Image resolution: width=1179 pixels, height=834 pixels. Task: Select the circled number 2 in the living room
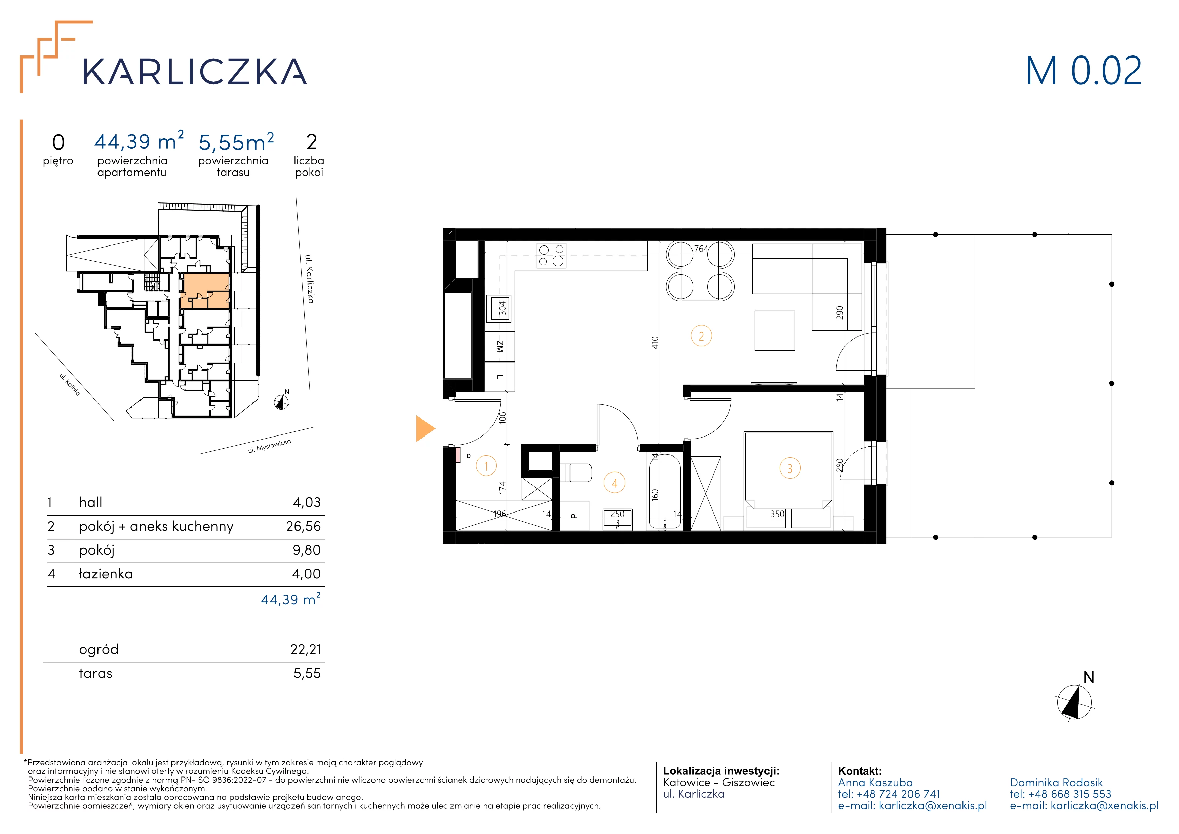(701, 336)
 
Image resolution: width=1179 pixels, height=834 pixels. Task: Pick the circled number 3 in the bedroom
(790, 468)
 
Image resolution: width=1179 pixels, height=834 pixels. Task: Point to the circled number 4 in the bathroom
(614, 483)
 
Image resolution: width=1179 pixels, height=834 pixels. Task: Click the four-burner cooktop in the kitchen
(551, 256)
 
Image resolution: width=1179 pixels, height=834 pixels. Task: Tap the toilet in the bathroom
(575, 473)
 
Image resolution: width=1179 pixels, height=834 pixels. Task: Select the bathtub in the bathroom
(665, 491)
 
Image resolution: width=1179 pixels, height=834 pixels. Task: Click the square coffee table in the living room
(774, 331)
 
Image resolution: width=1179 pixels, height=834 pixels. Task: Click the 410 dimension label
(655, 343)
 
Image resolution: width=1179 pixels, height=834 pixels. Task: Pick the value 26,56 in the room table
(304, 526)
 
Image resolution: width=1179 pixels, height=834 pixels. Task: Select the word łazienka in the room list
(106, 574)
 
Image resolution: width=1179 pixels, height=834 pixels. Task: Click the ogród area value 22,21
(306, 650)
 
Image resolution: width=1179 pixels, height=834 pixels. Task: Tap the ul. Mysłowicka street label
(270, 446)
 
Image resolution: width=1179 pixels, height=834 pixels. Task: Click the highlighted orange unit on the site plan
(204, 291)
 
